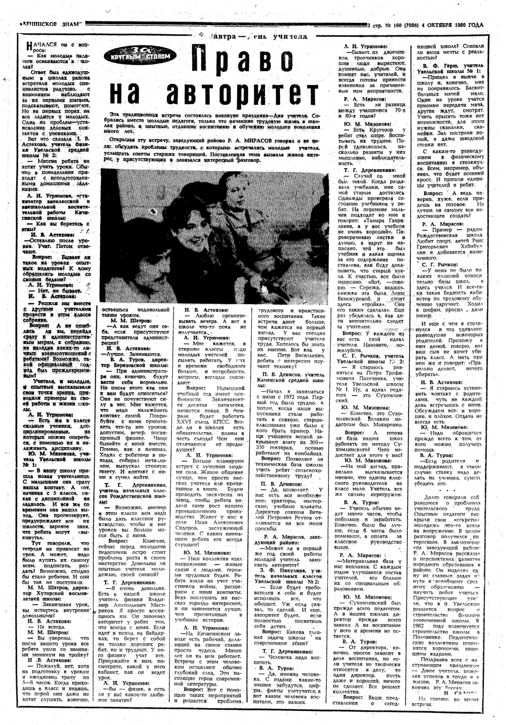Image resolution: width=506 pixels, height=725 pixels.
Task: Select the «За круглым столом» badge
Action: (x=134, y=53)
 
